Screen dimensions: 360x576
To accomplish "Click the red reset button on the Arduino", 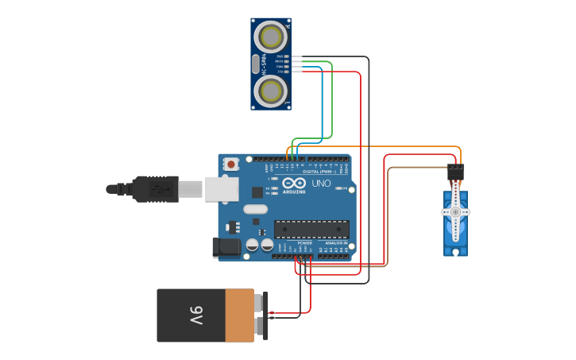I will coord(231,165).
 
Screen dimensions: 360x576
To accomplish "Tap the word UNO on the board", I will coord(321,184).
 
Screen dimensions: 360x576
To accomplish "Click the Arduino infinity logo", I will coord(294,184).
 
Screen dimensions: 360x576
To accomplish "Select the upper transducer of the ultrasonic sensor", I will coord(271,37).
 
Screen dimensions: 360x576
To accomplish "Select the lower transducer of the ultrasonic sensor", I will coord(271,91).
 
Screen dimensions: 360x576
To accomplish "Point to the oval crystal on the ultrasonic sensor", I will coord(256,64).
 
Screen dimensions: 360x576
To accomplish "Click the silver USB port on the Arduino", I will coord(222,189).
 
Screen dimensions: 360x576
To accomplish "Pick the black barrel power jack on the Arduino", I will coord(227,247).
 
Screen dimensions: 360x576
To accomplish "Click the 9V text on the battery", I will coord(195,315).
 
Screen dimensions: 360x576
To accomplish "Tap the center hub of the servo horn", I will coord(455,212).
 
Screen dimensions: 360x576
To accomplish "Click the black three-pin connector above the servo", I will coord(456,172).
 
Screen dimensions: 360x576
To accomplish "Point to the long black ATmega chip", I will coord(311,230).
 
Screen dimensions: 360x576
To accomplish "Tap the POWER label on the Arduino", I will coord(304,242).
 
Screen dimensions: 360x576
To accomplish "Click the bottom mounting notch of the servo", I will coord(455,252).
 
